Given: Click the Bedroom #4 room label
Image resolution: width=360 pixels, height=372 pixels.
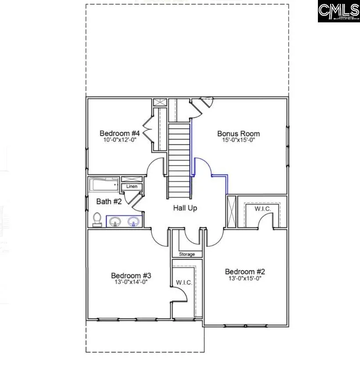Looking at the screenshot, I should (x=119, y=133).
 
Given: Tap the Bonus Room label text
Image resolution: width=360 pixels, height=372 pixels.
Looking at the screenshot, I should (x=239, y=134).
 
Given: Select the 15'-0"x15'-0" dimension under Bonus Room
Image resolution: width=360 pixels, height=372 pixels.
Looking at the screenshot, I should (x=239, y=140).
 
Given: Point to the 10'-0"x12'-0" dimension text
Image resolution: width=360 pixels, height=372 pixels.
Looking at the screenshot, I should (x=119, y=140).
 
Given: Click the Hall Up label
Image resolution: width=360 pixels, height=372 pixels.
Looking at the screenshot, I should (x=185, y=208).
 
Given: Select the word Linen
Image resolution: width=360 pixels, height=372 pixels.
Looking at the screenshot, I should (x=132, y=187).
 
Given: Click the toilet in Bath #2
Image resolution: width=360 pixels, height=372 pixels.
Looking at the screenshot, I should (x=97, y=219).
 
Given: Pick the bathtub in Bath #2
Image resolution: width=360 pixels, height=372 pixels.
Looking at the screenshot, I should (x=104, y=184).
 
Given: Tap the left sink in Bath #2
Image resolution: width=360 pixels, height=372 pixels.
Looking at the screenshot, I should (x=115, y=222).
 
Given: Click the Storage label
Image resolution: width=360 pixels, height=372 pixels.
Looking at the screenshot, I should (x=187, y=254).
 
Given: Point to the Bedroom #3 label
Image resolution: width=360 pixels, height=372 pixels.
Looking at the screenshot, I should (x=131, y=276).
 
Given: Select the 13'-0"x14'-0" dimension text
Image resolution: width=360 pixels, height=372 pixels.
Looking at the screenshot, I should (x=131, y=282).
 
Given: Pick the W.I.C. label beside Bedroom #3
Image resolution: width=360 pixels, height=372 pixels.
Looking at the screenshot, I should (x=184, y=283).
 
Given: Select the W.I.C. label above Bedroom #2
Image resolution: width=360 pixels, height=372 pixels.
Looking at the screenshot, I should (x=262, y=209).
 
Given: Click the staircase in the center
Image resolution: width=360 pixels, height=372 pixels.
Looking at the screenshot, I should (x=178, y=160).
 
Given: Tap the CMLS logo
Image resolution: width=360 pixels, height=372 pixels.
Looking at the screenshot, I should (x=339, y=12).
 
